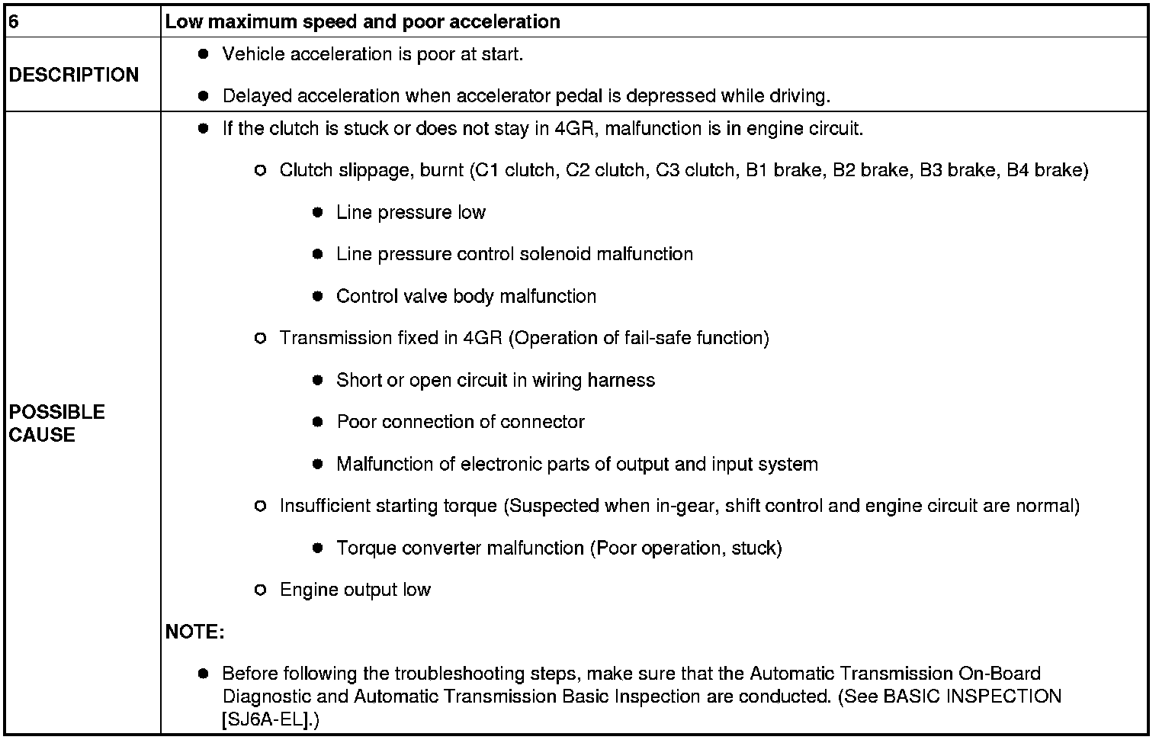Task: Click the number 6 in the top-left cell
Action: point(13,21)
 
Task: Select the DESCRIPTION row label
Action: point(74,75)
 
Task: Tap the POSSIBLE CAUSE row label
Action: point(57,423)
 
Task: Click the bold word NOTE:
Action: point(194,632)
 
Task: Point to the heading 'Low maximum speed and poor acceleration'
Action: point(363,21)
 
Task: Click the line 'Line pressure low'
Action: point(411,212)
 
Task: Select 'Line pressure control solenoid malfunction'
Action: point(515,254)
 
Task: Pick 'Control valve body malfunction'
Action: point(466,296)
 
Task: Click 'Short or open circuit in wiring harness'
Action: point(496,380)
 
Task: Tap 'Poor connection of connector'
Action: point(461,422)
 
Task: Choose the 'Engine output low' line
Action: point(355,590)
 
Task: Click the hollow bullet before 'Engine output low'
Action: point(260,590)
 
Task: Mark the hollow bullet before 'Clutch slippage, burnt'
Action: point(260,170)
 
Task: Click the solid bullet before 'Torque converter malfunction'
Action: point(318,548)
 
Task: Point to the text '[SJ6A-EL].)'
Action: point(271,719)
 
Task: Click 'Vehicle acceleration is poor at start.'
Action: point(373,54)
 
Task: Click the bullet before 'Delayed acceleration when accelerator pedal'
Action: point(203,96)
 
